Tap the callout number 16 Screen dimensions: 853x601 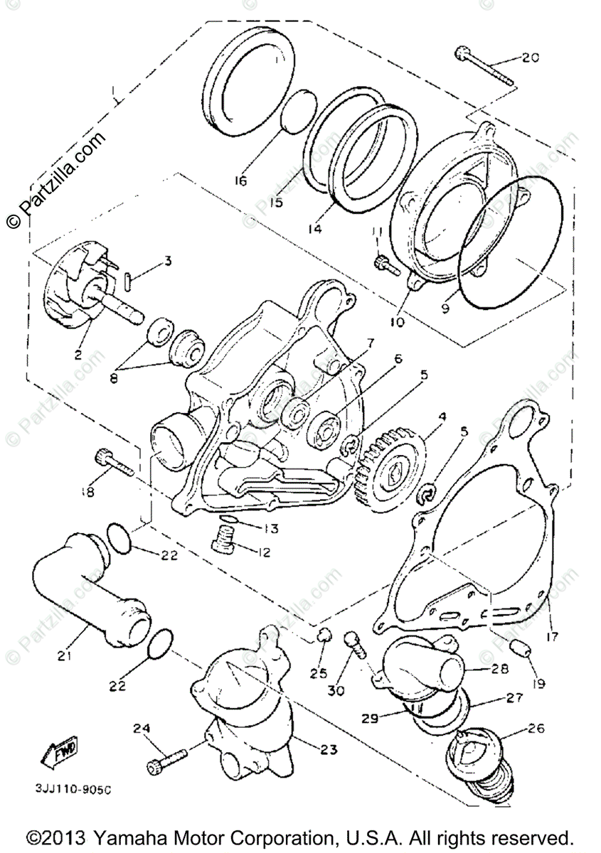click(240, 181)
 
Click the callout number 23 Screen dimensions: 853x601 click(328, 749)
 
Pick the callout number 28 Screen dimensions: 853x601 click(499, 669)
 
